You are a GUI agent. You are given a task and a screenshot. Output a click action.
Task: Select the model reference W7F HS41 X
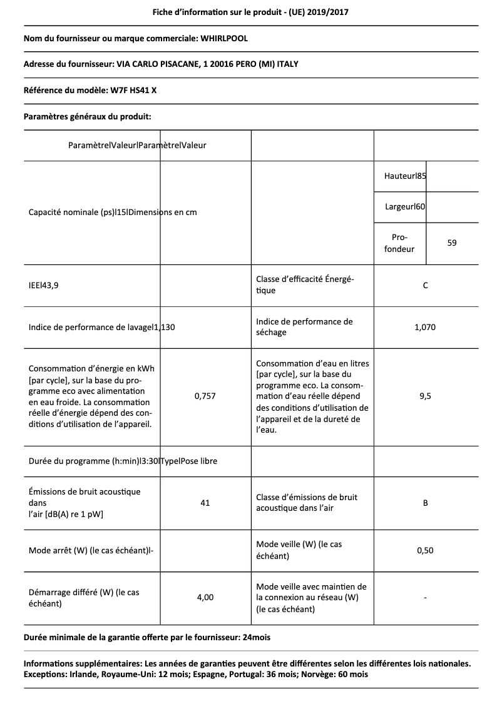coord(133,90)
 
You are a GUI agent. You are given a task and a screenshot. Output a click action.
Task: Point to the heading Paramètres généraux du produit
coord(87,116)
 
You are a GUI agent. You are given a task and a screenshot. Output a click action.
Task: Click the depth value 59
coord(452,243)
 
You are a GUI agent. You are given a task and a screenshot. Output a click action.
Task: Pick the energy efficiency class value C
coord(425,286)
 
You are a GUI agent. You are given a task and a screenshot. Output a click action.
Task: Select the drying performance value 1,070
coord(425,327)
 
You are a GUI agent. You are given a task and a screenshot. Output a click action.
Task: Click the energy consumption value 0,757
coord(205,396)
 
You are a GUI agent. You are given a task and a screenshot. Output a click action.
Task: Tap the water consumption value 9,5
coord(425,396)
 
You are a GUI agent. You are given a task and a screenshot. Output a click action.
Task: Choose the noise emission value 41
coord(205,503)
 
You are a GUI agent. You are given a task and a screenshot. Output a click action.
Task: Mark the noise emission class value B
coord(425,503)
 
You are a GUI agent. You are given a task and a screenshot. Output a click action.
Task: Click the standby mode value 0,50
coord(425,550)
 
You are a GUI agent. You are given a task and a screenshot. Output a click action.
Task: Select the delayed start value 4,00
coord(205,598)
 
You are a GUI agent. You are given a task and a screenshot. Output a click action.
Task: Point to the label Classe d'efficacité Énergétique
coord(305,285)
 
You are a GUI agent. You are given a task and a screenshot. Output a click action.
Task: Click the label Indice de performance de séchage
coord(304,327)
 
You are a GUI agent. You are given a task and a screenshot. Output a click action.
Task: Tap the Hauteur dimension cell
coord(405,176)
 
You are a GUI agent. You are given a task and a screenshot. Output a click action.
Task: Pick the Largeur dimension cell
coord(405,206)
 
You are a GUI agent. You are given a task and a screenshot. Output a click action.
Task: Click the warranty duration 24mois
coord(257,637)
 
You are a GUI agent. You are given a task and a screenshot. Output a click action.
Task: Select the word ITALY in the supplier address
coord(295,64)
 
